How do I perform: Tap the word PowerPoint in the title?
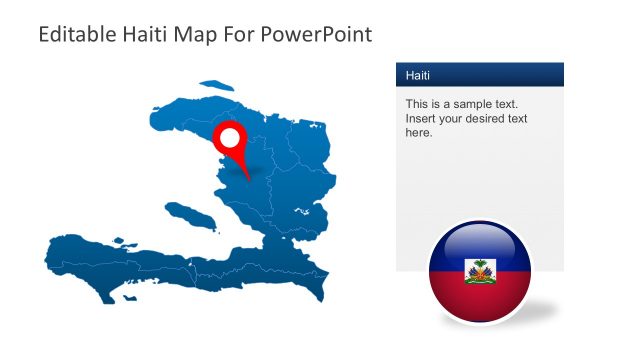(319, 34)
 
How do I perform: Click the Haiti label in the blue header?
(419, 75)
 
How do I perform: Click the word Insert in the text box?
(421, 118)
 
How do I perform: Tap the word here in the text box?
(419, 132)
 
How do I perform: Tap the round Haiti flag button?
(479, 273)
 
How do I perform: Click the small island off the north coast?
(215, 87)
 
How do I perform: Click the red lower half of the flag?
(479, 300)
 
